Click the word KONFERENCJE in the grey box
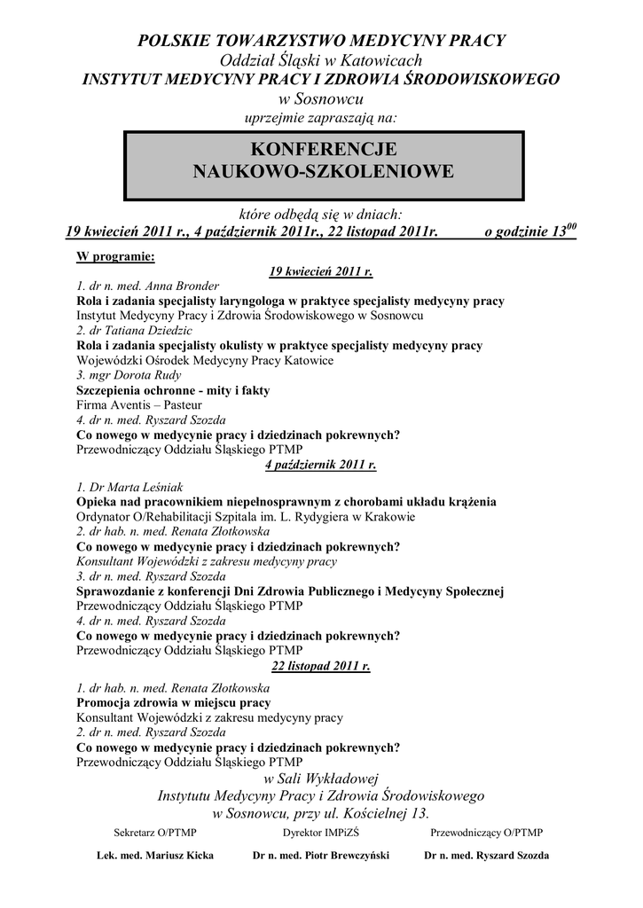click(x=322, y=148)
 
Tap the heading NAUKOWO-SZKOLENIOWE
click(x=323, y=170)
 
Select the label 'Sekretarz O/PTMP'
click(x=155, y=832)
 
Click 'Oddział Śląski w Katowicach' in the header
click(x=320, y=59)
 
